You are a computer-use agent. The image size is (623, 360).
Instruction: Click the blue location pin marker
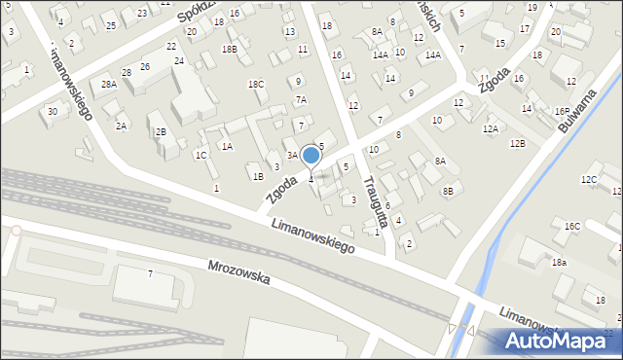click(311, 157)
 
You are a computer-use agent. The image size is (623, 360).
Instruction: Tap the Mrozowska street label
click(238, 276)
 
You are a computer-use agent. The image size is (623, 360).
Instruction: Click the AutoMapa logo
click(558, 341)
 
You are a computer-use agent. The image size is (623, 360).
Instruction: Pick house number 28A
click(109, 86)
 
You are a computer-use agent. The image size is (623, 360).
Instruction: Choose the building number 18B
click(229, 49)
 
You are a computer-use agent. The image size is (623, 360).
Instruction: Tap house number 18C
click(256, 85)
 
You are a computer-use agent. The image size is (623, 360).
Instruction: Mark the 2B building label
click(161, 131)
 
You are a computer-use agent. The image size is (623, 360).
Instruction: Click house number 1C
click(201, 155)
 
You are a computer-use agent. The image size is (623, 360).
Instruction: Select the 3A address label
click(292, 155)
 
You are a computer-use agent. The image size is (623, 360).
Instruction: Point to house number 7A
click(302, 99)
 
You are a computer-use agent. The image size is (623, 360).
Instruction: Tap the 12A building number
click(491, 128)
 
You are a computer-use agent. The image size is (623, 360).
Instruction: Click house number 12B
click(517, 144)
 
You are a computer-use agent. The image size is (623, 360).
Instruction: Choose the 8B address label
click(448, 192)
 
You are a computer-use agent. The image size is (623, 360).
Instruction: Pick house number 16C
click(571, 227)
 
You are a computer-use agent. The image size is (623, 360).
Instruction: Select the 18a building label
click(559, 263)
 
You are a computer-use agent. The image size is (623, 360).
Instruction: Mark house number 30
click(52, 111)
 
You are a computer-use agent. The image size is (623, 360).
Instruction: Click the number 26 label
click(145, 66)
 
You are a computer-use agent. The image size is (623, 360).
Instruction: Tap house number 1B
click(258, 177)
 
